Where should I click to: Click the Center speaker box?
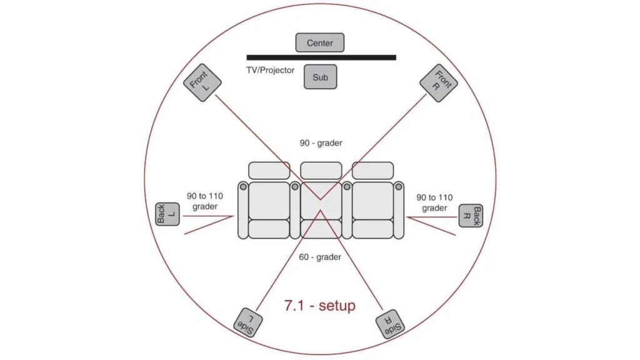tap(319, 42)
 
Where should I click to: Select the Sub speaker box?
tap(321, 77)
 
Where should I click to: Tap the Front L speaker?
tap(202, 82)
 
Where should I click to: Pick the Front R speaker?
tap(439, 83)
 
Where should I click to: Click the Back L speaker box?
tap(167, 214)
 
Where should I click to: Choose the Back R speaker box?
tap(471, 216)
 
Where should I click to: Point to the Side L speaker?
tap(247, 322)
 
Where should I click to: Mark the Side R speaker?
tap(390, 324)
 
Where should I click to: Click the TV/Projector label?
tap(270, 70)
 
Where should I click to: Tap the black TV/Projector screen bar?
tap(321, 57)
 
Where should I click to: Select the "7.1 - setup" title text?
tap(319, 305)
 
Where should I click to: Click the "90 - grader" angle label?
tap(321, 143)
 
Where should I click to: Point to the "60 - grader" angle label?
tap(320, 257)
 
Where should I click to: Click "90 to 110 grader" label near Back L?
tap(205, 201)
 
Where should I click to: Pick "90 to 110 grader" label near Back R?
tap(434, 203)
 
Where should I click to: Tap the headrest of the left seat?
tap(269, 171)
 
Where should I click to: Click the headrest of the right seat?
tap(372, 171)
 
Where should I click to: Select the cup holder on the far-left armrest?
tap(243, 186)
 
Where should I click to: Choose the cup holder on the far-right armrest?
tap(399, 186)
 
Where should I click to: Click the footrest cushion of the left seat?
tap(269, 229)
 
